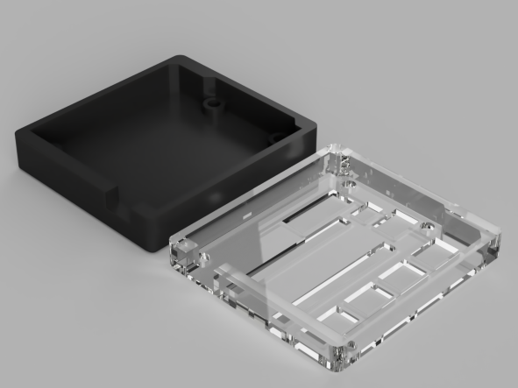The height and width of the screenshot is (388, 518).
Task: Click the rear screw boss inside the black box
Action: tap(212, 103)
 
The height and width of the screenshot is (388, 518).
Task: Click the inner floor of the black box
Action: tap(149, 140)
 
